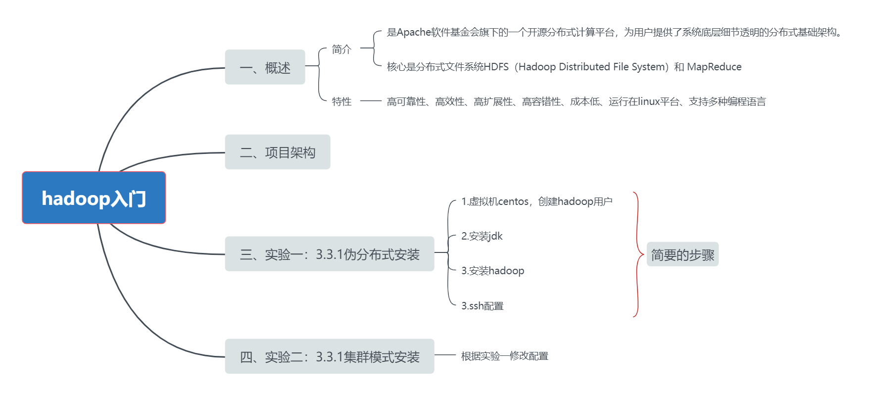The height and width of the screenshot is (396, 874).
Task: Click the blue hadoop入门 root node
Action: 94,198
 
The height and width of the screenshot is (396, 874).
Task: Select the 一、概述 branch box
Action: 265,67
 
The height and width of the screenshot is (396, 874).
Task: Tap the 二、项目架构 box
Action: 277,152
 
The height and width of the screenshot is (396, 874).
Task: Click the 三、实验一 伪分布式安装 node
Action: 329,254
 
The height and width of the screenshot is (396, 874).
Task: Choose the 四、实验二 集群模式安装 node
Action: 329,356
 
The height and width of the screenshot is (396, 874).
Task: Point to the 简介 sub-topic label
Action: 341,49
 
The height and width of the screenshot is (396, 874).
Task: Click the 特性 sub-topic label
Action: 341,101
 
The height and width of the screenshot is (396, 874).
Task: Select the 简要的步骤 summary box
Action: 682,254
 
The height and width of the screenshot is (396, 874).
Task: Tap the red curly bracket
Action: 637,254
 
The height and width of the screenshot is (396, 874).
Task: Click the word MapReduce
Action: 714,67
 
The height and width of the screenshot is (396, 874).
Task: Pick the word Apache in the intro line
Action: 414,33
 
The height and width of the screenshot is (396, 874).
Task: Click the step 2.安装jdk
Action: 482,236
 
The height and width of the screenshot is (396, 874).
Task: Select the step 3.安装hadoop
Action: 492,271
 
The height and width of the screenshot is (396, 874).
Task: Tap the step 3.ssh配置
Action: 482,306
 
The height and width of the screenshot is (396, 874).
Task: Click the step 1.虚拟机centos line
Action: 536,201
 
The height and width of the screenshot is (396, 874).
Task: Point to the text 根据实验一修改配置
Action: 504,356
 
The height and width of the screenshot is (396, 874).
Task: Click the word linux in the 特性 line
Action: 649,101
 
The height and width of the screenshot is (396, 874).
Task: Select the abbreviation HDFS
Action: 496,67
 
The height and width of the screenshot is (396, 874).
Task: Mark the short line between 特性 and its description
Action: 371,101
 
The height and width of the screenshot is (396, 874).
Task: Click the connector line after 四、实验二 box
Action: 445,355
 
